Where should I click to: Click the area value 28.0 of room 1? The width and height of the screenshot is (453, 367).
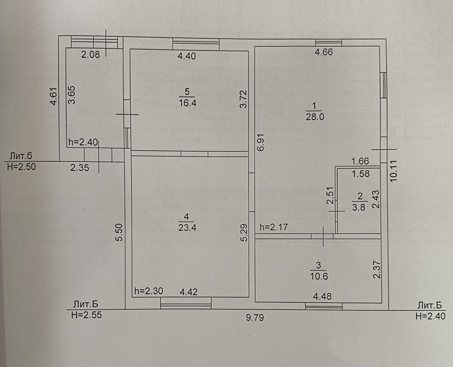pyautogui.click(x=315, y=117)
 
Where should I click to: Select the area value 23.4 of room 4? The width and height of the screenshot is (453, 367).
pyautogui.click(x=187, y=227)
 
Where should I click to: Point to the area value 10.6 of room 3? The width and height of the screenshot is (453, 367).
pyautogui.click(x=319, y=276)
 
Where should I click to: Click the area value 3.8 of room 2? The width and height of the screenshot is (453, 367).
pyautogui.click(x=359, y=207)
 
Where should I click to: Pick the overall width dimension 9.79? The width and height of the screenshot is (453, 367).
pyautogui.click(x=255, y=317)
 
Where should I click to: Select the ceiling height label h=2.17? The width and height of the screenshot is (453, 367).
pyautogui.click(x=274, y=227)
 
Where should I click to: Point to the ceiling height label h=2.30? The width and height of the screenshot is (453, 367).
pyautogui.click(x=149, y=291)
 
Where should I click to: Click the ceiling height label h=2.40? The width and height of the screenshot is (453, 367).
pyautogui.click(x=83, y=142)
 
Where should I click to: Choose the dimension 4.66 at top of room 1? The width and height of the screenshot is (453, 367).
pyautogui.click(x=324, y=52)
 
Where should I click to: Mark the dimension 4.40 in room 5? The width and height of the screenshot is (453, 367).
pyautogui.click(x=186, y=56)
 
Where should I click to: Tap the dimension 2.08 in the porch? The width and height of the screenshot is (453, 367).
pyautogui.click(x=91, y=54)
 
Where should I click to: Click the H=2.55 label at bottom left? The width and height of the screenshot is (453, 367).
pyautogui.click(x=86, y=315)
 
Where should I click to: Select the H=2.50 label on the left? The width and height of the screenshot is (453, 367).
pyautogui.click(x=21, y=167)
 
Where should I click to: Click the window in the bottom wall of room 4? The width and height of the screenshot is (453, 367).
pyautogui.click(x=185, y=303)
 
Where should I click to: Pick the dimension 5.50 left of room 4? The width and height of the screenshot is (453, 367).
pyautogui.click(x=119, y=232)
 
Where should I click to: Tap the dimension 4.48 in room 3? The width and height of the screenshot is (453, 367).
pyautogui.click(x=322, y=296)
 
